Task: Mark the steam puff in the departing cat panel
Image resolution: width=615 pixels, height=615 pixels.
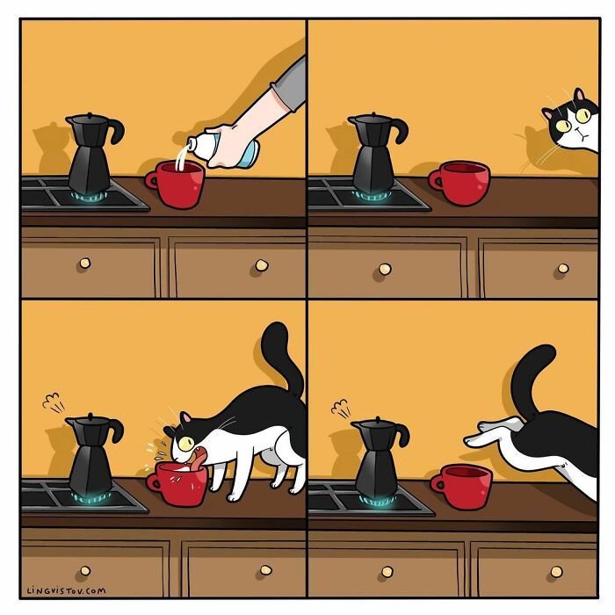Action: point(341,408)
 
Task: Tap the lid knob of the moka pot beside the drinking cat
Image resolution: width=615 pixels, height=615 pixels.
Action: point(91,416)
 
